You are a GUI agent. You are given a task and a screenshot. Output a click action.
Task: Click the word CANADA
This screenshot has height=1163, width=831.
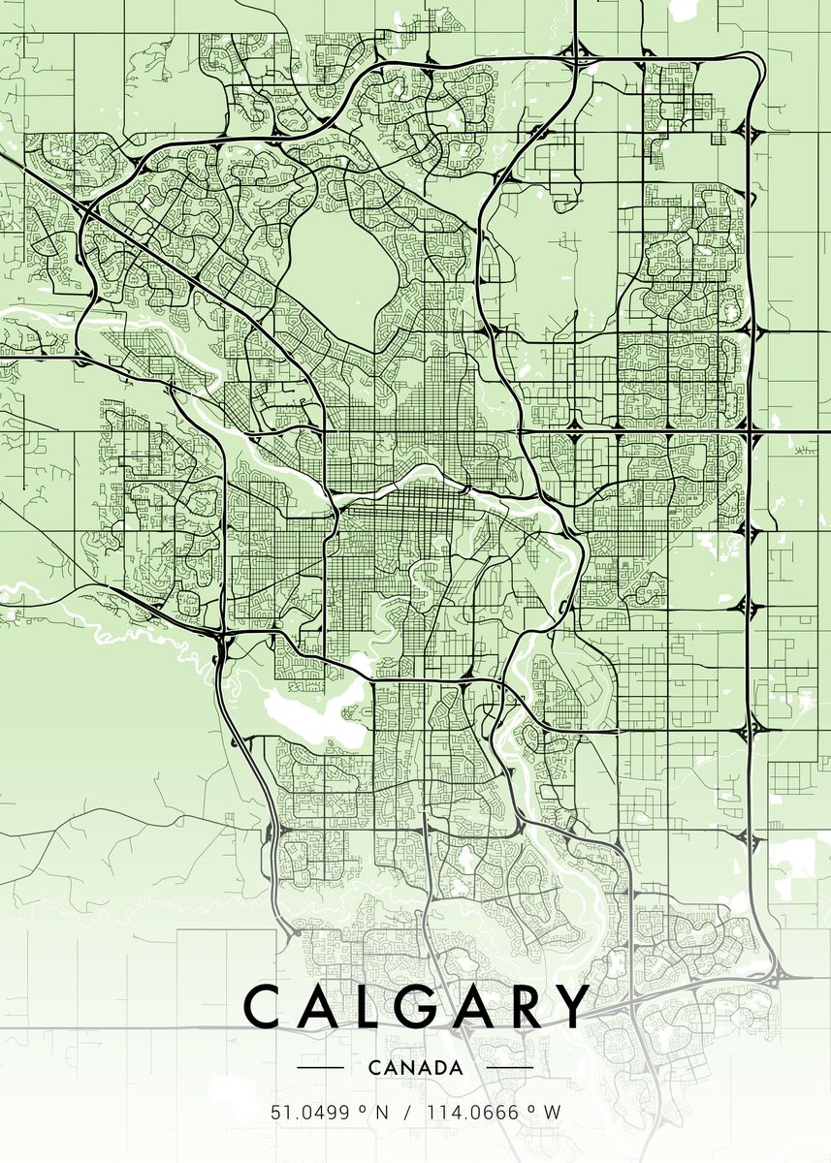[415, 1068]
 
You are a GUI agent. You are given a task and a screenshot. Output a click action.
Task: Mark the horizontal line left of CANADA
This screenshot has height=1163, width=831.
[320, 1068]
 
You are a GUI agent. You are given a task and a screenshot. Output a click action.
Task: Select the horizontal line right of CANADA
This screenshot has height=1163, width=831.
[509, 1068]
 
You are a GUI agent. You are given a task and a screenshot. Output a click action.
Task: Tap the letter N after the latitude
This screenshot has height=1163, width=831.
[381, 1113]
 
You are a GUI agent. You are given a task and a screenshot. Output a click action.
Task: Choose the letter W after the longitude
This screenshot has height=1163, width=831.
[553, 1113]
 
